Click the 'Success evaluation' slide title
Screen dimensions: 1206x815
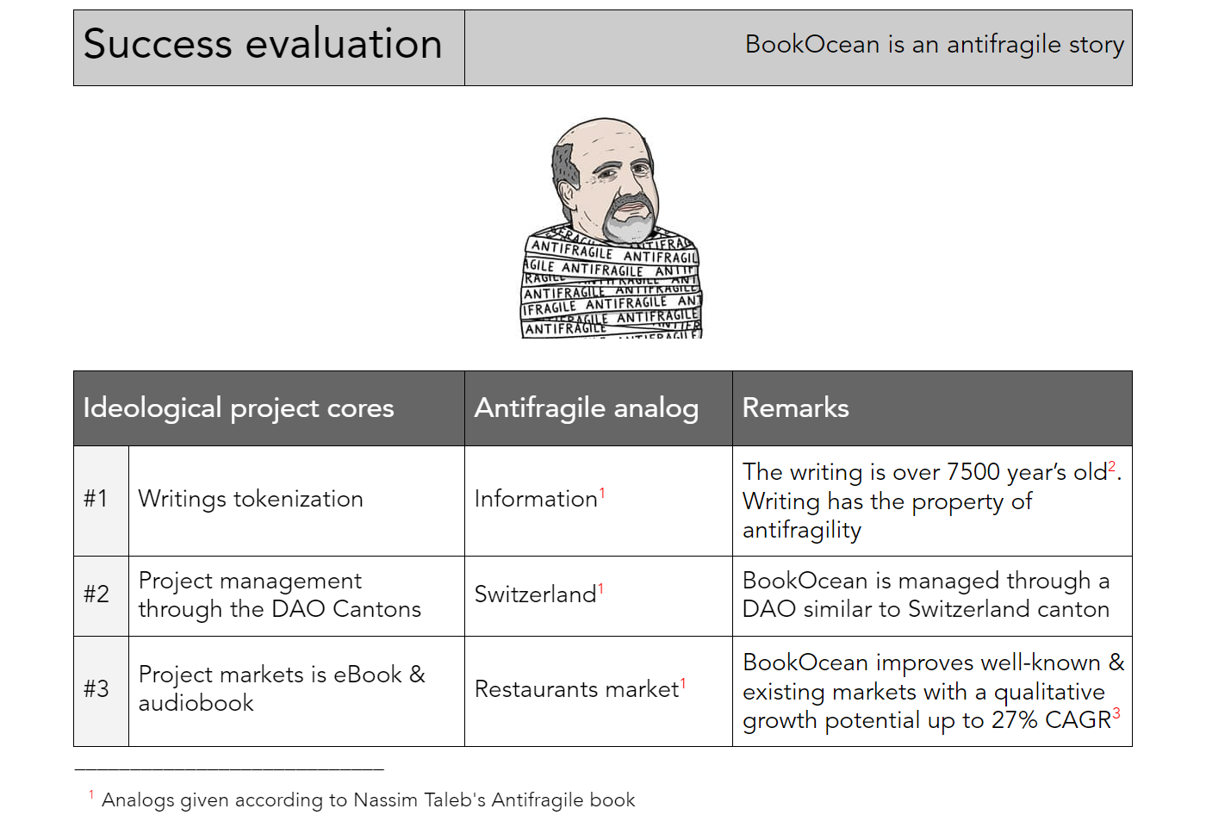(x=262, y=44)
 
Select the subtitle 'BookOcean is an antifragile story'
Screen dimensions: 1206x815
(x=934, y=45)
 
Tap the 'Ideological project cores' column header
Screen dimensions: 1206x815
(x=239, y=408)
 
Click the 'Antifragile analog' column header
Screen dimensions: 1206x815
(x=587, y=408)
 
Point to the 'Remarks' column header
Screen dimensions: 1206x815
(x=795, y=407)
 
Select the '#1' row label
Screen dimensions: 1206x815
(x=96, y=499)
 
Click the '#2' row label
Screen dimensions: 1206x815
(x=96, y=594)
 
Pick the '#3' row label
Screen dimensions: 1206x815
(x=96, y=688)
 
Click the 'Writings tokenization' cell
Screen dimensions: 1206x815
(x=251, y=499)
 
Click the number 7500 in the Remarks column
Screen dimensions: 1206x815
(x=973, y=472)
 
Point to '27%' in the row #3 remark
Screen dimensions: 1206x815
(x=1015, y=720)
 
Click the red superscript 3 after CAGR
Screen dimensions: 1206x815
(x=1116, y=713)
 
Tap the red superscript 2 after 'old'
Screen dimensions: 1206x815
(x=1111, y=466)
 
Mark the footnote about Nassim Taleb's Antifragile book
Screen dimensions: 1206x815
(x=363, y=799)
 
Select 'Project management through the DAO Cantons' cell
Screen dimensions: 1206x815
(x=279, y=594)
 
